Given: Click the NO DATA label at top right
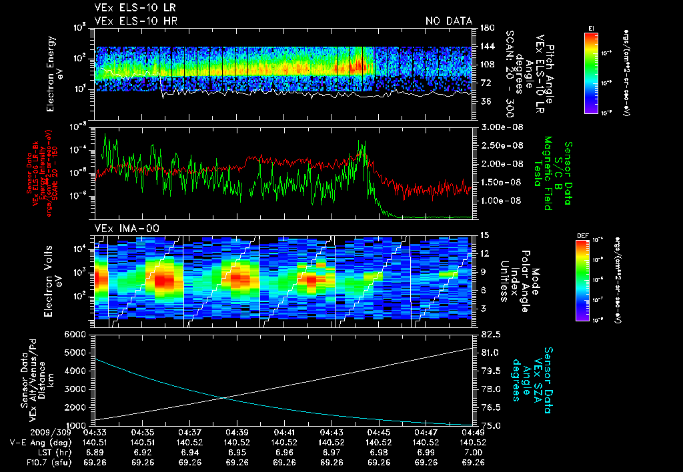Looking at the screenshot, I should (449, 21).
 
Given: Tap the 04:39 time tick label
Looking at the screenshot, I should (237, 432).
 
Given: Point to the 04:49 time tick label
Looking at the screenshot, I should (473, 432).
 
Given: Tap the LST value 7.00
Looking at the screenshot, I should (473, 452).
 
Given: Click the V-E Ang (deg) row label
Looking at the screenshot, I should (37, 442).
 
